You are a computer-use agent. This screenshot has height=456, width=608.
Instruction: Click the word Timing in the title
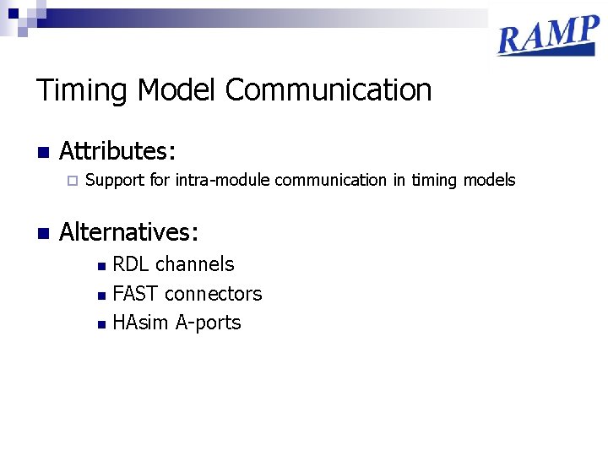point(82,90)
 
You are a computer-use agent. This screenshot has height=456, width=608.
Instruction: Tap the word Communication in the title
point(328,90)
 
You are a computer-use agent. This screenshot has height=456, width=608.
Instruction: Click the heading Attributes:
point(117,152)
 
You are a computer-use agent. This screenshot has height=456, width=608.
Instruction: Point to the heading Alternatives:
point(129,231)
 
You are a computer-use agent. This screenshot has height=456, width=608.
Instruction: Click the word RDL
point(131,264)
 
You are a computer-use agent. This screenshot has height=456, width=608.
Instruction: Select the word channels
point(195,264)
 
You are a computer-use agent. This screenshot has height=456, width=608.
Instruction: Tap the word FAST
point(136,294)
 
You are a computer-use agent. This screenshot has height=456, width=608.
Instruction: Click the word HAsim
point(141,323)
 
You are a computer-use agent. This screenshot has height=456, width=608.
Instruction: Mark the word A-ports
point(208,323)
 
